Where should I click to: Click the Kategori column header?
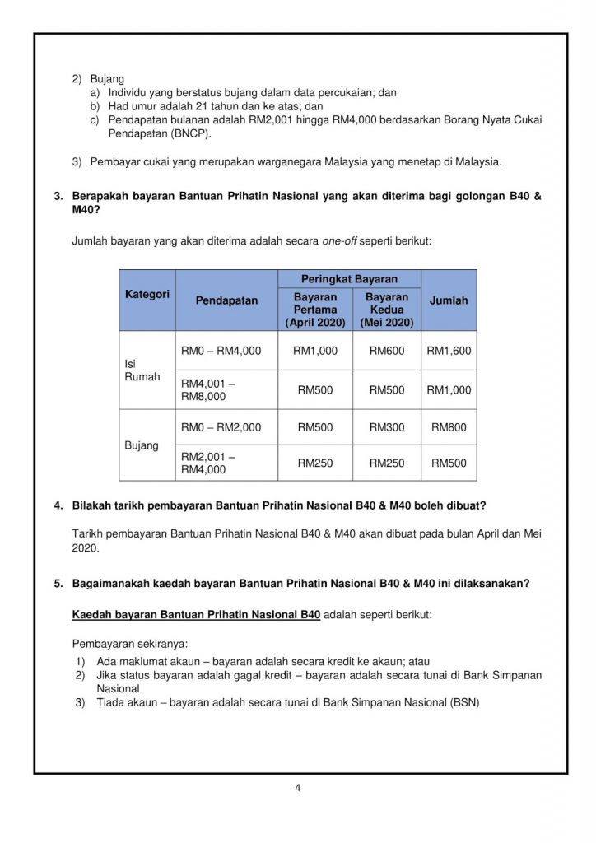(147, 294)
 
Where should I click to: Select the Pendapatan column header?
(226, 300)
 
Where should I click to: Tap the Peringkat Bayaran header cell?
(349, 280)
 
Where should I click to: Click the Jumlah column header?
(449, 300)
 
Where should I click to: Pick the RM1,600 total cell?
(449, 351)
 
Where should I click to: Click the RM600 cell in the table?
(387, 351)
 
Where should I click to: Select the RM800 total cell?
(449, 427)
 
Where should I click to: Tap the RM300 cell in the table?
(387, 427)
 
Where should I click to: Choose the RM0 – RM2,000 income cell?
(221, 427)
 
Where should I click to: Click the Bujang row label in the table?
(141, 445)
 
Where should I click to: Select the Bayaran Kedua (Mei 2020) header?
(387, 310)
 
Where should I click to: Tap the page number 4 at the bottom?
(298, 788)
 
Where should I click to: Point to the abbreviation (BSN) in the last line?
(464, 702)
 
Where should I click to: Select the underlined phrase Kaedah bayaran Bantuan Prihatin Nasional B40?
(196, 614)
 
